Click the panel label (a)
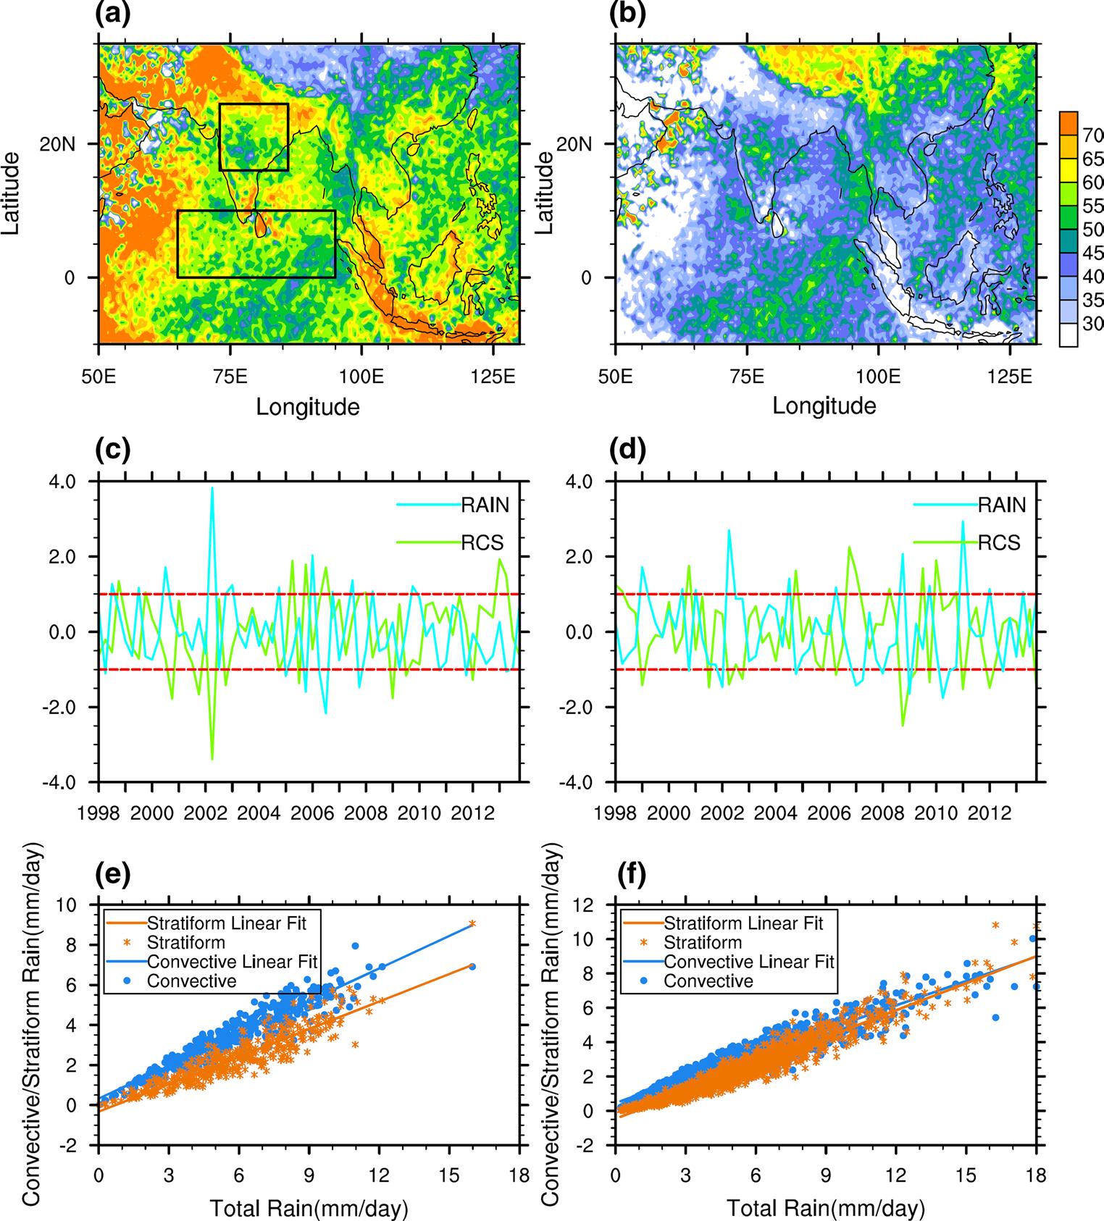[113, 14]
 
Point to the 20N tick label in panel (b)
[576, 143]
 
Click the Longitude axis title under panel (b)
[824, 406]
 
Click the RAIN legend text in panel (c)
[486, 505]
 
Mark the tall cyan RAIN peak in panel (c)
[212, 487]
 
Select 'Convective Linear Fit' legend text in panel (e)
[232, 962]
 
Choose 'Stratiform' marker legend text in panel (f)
[703, 942]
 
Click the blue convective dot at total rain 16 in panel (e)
[472, 967]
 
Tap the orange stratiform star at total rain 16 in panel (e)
[472, 924]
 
